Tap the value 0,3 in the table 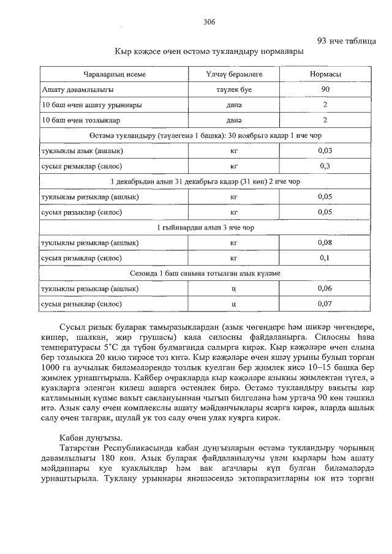pyautogui.click(x=325, y=166)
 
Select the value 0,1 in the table pyautogui.click(x=325, y=258)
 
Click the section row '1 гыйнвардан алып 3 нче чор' pyautogui.click(x=205, y=227)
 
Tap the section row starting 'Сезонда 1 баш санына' pyautogui.click(x=205, y=273)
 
